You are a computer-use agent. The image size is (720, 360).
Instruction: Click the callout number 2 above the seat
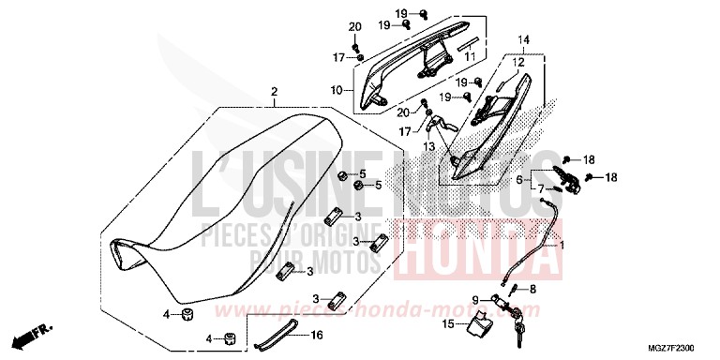tap(274, 92)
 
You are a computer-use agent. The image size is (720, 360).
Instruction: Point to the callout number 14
tap(523, 39)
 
